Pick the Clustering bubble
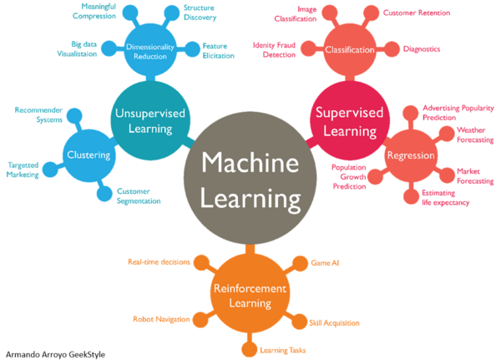coord(89,155)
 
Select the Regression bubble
coord(410,155)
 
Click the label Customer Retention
coord(417,13)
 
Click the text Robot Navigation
coord(161,319)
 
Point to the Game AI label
coord(325,262)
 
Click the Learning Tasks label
coord(284,350)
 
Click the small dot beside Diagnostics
coord(392,49)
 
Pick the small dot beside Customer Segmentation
coord(104,194)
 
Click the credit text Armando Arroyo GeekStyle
coord(56,354)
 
